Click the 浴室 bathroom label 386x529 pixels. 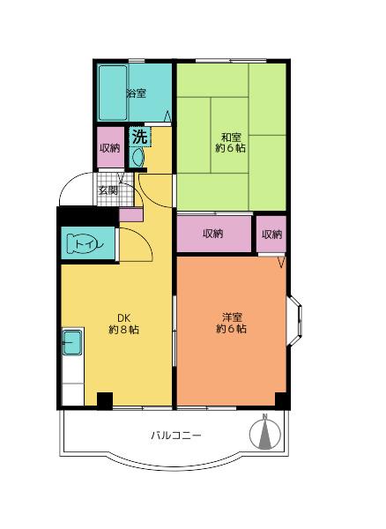[x=137, y=93]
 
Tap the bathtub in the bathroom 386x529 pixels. [x=113, y=93]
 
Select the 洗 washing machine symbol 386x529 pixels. [x=139, y=137]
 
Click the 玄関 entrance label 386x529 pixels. [x=108, y=190]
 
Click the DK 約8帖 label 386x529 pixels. [x=123, y=324]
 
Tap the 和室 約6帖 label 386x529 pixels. [x=231, y=143]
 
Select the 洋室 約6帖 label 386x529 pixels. [x=231, y=323]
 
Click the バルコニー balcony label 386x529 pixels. [x=176, y=435]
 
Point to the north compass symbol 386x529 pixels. [x=265, y=433]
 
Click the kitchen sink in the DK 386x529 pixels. [x=72, y=342]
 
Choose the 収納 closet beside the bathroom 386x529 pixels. [x=110, y=147]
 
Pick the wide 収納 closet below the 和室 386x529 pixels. [x=214, y=234]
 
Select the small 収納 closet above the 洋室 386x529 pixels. [x=271, y=235]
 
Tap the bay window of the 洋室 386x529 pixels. [x=294, y=321]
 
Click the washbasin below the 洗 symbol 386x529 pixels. [x=137, y=157]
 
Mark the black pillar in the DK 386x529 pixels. [x=105, y=401]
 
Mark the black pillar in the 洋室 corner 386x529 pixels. [x=282, y=401]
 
